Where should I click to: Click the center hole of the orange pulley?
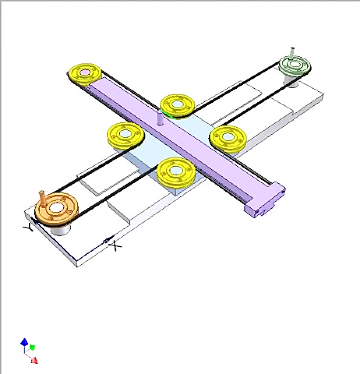[56, 207]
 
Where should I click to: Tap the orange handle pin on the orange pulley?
[42, 198]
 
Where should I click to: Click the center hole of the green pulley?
[296, 64]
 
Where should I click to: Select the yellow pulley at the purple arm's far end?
[84, 73]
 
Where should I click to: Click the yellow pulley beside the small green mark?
[177, 106]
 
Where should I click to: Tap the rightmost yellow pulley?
[228, 137]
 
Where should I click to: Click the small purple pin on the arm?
[160, 119]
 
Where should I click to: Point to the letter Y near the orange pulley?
[28, 228]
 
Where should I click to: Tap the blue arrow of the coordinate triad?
[24, 342]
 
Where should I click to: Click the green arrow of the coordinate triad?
[32, 346]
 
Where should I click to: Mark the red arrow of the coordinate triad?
[34, 360]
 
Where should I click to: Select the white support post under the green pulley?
[291, 81]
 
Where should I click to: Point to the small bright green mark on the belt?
[170, 116]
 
